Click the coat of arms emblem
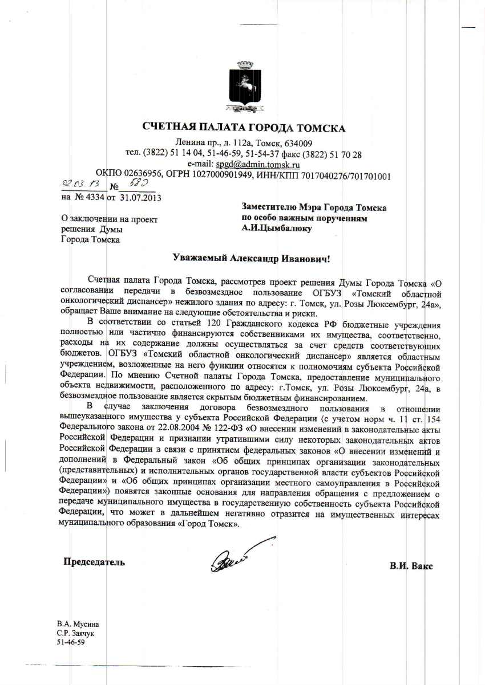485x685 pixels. tap(244, 89)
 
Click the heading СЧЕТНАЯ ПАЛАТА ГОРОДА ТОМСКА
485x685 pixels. tap(244, 128)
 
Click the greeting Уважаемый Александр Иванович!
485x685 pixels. tap(251, 258)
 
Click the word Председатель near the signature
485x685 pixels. tap(94, 562)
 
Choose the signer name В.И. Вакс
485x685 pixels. tap(411, 566)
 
